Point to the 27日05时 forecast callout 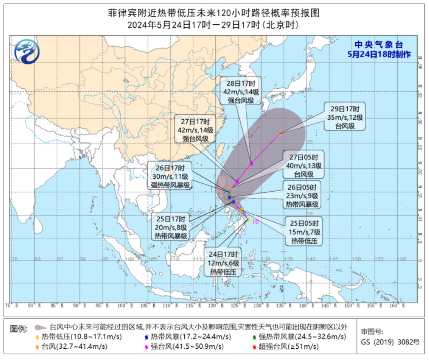point(303,165)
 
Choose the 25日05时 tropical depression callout point(304,231)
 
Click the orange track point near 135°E point(279,134)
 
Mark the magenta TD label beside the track point(255,222)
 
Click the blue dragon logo point(26,52)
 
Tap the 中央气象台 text point(378,45)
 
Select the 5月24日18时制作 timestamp point(378,54)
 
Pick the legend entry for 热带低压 point(71,337)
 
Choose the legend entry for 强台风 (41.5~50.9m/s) point(187,346)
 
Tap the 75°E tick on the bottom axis point(13,306)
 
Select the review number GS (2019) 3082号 point(390,342)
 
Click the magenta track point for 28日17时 point(251,163)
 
